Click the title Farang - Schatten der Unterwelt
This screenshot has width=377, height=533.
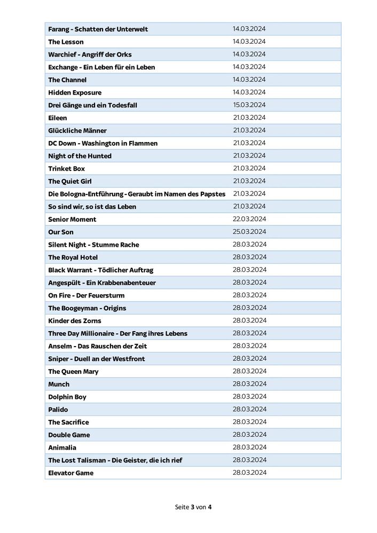click(x=98, y=29)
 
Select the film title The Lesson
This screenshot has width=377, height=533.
click(x=66, y=42)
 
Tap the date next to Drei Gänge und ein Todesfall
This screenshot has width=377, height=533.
click(x=249, y=105)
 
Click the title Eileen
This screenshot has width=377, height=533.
click(x=58, y=118)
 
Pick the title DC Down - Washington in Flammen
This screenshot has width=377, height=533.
click(x=103, y=143)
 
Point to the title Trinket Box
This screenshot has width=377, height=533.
click(x=66, y=169)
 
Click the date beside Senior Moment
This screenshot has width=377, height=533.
click(x=249, y=220)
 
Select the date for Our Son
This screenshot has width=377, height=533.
click(x=249, y=232)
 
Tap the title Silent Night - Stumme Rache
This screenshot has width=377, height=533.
click(x=93, y=245)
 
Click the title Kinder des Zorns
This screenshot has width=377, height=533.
click(x=75, y=321)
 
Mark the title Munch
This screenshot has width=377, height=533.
click(x=59, y=384)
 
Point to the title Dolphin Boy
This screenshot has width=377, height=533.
click(x=67, y=397)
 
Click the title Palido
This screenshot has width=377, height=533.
click(x=58, y=410)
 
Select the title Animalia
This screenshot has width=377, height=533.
click(x=62, y=448)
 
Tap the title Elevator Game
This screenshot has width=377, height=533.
click(x=70, y=473)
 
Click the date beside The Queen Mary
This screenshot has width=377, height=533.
click(x=249, y=371)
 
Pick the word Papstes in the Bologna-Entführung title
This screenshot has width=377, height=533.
click(x=212, y=194)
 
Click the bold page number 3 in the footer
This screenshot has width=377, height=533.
click(x=192, y=507)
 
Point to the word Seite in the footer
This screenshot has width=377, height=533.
click(x=182, y=507)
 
